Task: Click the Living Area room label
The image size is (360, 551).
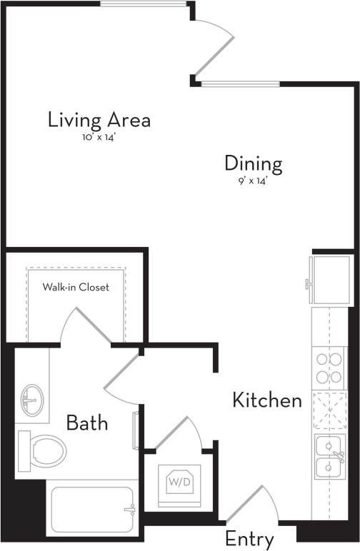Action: pyautogui.click(x=99, y=119)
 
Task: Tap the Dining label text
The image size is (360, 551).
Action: pyautogui.click(x=254, y=163)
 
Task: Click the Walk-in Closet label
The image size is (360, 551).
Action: pyautogui.click(x=76, y=288)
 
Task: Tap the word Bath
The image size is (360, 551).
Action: pyautogui.click(x=87, y=423)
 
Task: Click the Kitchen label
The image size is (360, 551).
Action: pyautogui.click(x=267, y=400)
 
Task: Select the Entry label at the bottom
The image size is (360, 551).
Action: pyautogui.click(x=249, y=539)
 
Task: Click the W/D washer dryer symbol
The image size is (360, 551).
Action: pyautogui.click(x=178, y=482)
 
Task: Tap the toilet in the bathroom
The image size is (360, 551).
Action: pyautogui.click(x=42, y=449)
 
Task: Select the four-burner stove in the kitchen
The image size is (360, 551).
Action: pyautogui.click(x=329, y=368)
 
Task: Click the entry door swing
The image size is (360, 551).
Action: pyautogui.click(x=251, y=503)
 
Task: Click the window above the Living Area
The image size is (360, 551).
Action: pyautogui.click(x=144, y=4)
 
